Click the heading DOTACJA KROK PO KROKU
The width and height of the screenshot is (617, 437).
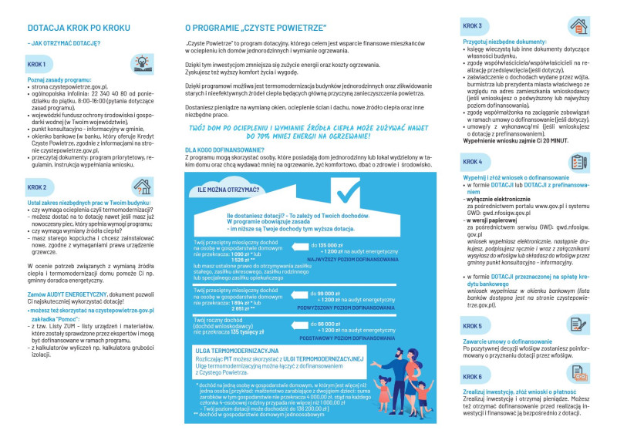[69, 28]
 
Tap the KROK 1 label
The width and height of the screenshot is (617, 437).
[36, 64]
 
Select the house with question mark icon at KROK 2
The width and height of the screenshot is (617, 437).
[141, 186]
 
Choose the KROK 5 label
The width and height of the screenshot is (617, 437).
[472, 326]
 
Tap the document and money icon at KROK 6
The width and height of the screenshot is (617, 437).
[577, 374]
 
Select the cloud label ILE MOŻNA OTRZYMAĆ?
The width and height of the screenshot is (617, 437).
[228, 189]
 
